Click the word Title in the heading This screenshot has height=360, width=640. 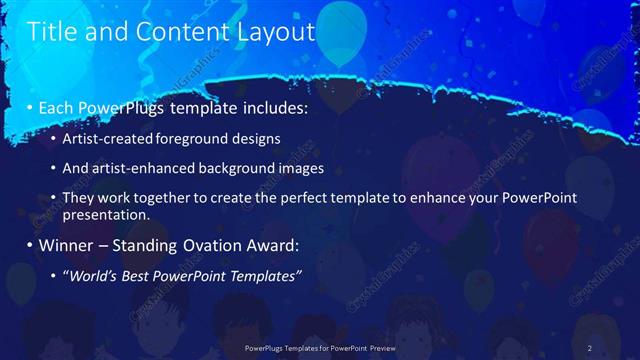pyautogui.click(x=53, y=32)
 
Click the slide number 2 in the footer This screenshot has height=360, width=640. pyautogui.click(x=590, y=347)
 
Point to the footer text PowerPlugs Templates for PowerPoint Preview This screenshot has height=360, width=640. pyautogui.click(x=320, y=347)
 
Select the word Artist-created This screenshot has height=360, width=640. pyautogui.click(x=107, y=137)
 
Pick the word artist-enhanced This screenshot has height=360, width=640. pyautogui.click(x=139, y=169)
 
